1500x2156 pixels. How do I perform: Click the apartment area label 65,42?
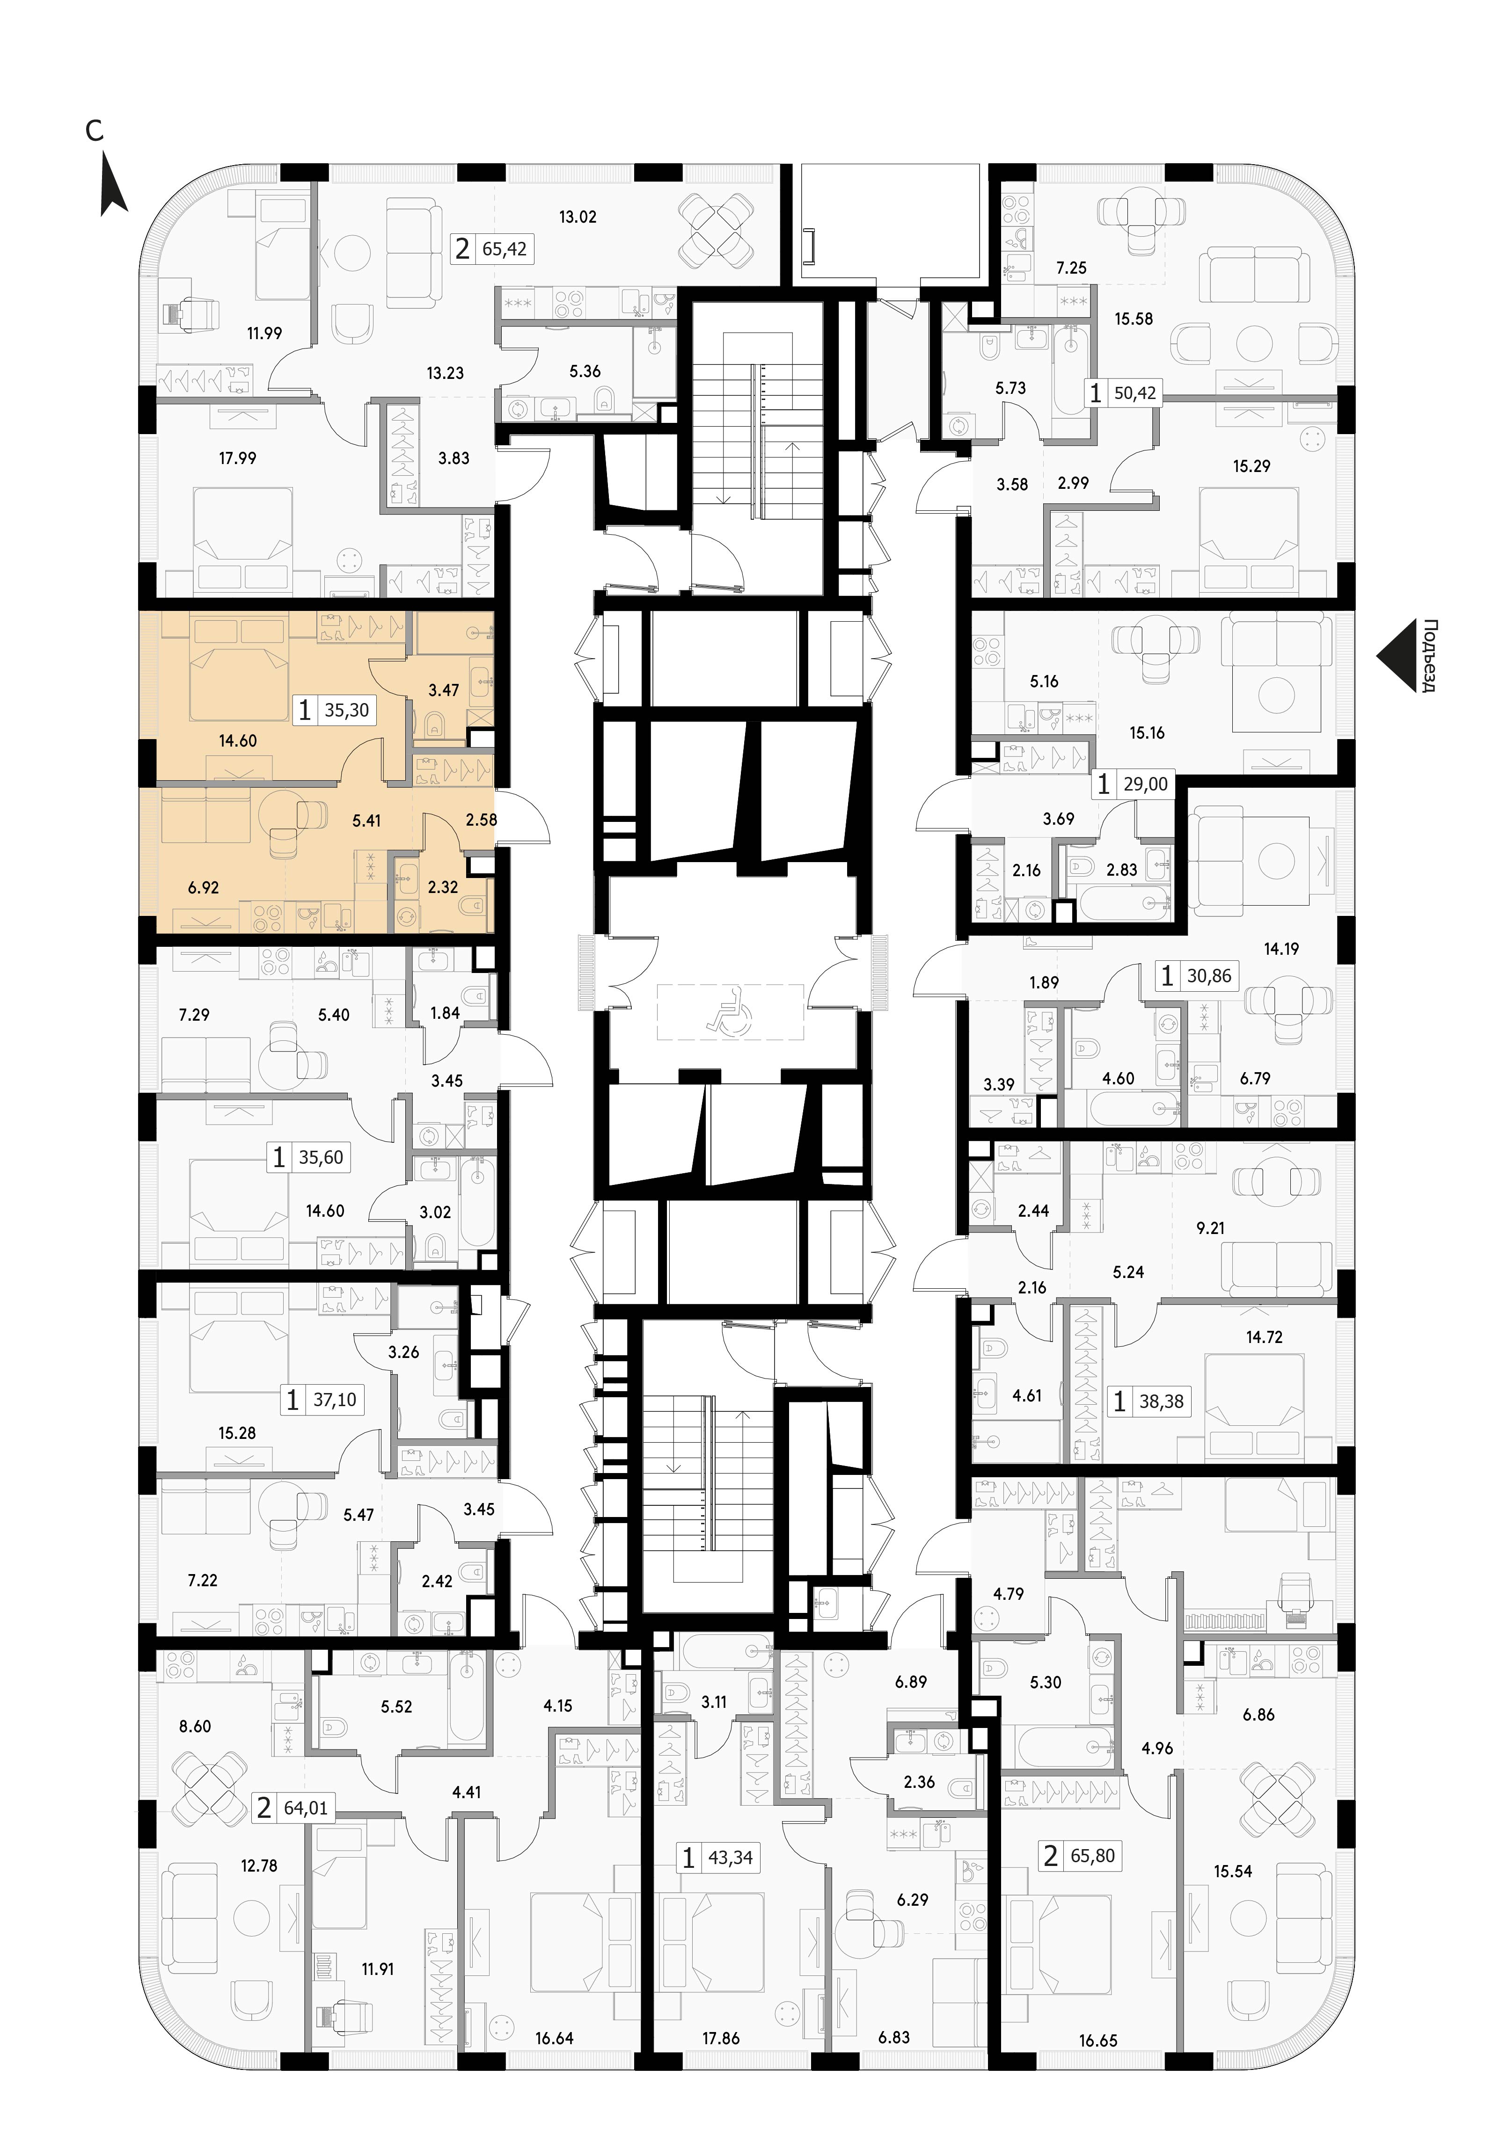(x=505, y=250)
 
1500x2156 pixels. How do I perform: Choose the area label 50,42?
(x=1134, y=392)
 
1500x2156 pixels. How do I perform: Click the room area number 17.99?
(x=238, y=458)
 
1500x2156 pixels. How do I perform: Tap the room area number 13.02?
(x=578, y=217)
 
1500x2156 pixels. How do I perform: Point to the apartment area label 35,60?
(x=321, y=1158)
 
